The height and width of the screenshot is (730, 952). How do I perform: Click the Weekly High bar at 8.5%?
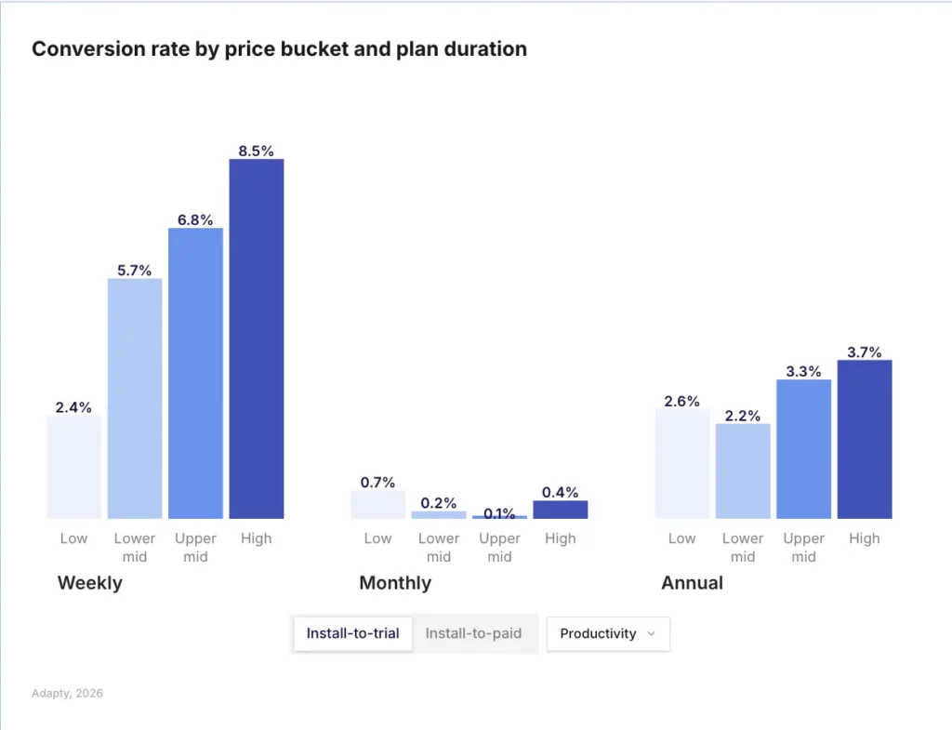[257, 338]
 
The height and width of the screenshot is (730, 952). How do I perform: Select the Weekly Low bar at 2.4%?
[73, 467]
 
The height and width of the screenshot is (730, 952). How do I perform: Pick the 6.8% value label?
[195, 220]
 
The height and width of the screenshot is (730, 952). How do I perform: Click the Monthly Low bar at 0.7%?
[377, 504]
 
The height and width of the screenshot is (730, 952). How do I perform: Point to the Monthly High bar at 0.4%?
[561, 510]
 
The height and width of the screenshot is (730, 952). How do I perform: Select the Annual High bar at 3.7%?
[865, 439]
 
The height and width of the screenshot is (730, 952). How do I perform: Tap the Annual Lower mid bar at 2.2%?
[743, 471]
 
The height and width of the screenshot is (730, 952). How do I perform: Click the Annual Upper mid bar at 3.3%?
[803, 448]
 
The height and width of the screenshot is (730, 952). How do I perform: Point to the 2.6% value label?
[681, 402]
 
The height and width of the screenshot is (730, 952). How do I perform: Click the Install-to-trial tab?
[352, 633]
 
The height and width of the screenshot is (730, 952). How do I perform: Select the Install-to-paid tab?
[473, 633]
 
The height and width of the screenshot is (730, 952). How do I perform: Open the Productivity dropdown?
[608, 633]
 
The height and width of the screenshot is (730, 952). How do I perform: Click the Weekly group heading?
[90, 583]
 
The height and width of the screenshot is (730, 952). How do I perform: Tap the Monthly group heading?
[395, 583]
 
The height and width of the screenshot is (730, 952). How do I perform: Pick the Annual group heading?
[692, 583]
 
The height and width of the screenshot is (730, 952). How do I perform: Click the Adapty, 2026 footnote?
[67, 694]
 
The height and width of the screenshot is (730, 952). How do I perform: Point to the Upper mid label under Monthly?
[499, 547]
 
